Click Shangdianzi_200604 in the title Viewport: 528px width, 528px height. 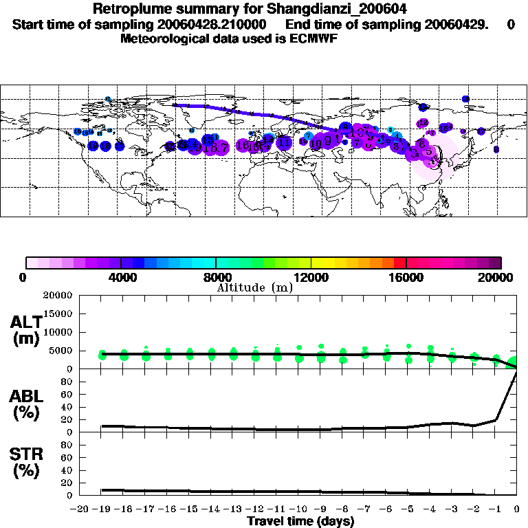point(329,10)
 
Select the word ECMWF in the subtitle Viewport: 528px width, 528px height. point(313,38)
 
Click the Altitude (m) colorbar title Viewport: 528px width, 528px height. point(254,287)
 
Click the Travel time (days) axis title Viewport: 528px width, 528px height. point(300,522)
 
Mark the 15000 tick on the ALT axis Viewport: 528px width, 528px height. point(60,313)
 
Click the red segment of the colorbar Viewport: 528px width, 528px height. point(400,262)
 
